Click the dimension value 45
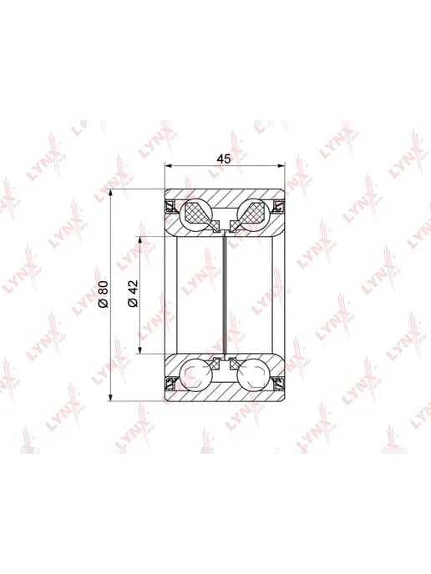pos(224,159)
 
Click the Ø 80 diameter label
pos(104,294)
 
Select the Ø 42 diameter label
pos(133,293)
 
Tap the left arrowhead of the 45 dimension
pos(168,166)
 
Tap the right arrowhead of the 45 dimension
pos(281,166)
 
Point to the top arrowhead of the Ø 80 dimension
pos(111,193)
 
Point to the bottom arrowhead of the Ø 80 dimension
pos(111,398)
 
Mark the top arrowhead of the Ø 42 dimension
pos(139,239)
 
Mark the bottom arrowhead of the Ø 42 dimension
pos(139,350)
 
